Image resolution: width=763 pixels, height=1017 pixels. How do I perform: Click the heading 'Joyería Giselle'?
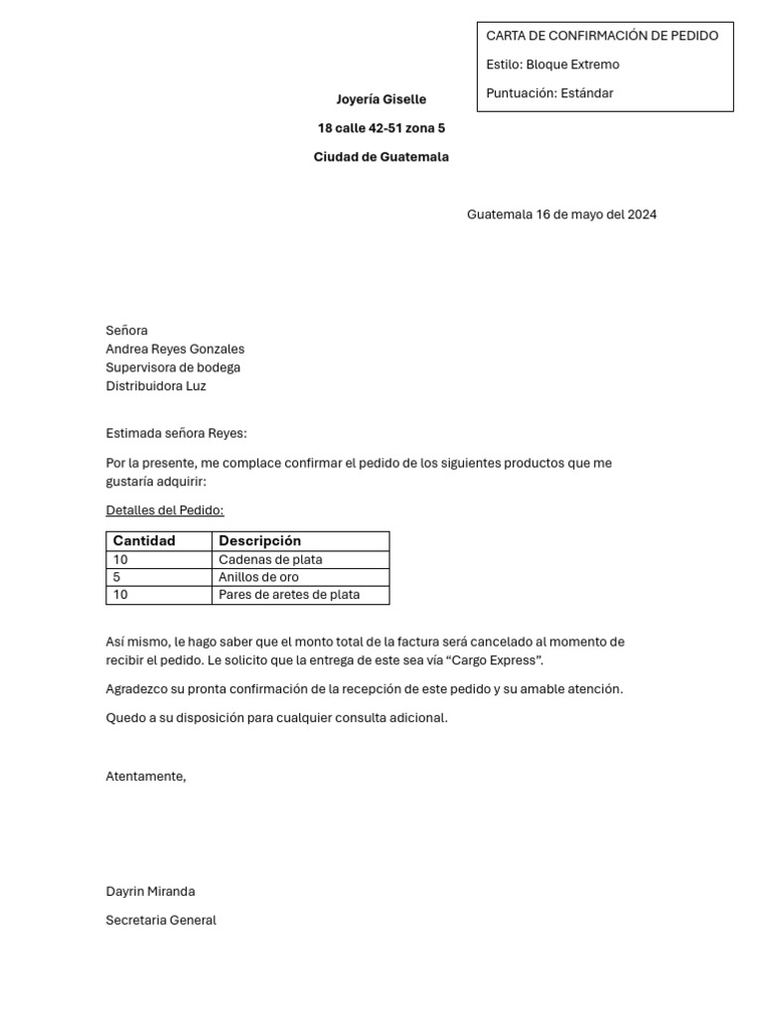click(381, 99)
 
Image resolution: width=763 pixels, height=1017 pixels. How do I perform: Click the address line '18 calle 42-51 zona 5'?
click(381, 128)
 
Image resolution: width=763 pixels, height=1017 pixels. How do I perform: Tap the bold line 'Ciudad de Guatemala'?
click(381, 157)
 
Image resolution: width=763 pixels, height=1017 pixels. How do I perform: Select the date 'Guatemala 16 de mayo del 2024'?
click(561, 215)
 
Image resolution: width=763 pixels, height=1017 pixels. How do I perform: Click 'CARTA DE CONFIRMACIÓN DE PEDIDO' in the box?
click(602, 36)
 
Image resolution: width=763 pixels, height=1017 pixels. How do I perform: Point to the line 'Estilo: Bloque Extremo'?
click(552, 65)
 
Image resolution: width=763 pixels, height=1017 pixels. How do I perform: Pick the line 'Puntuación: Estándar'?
click(549, 93)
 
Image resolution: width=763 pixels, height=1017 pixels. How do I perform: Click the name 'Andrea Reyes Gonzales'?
click(175, 349)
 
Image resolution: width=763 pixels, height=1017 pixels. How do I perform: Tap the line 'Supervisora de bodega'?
click(173, 367)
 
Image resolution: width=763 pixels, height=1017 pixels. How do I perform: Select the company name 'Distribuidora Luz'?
click(156, 386)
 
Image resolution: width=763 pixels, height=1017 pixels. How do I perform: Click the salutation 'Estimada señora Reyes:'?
click(176, 434)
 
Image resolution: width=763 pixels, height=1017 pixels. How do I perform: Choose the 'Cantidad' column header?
click(144, 541)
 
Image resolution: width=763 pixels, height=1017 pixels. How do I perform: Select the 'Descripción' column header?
click(259, 541)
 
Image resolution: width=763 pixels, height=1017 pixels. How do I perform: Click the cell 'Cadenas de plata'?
click(270, 559)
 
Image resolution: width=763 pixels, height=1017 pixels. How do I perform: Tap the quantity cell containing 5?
click(117, 577)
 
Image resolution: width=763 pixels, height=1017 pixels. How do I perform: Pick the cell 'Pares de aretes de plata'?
click(289, 595)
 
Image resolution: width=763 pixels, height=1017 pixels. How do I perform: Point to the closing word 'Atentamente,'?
click(146, 777)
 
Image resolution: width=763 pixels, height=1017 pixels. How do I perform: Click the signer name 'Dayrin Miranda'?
click(150, 892)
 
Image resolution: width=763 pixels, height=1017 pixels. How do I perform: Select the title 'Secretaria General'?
click(161, 921)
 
